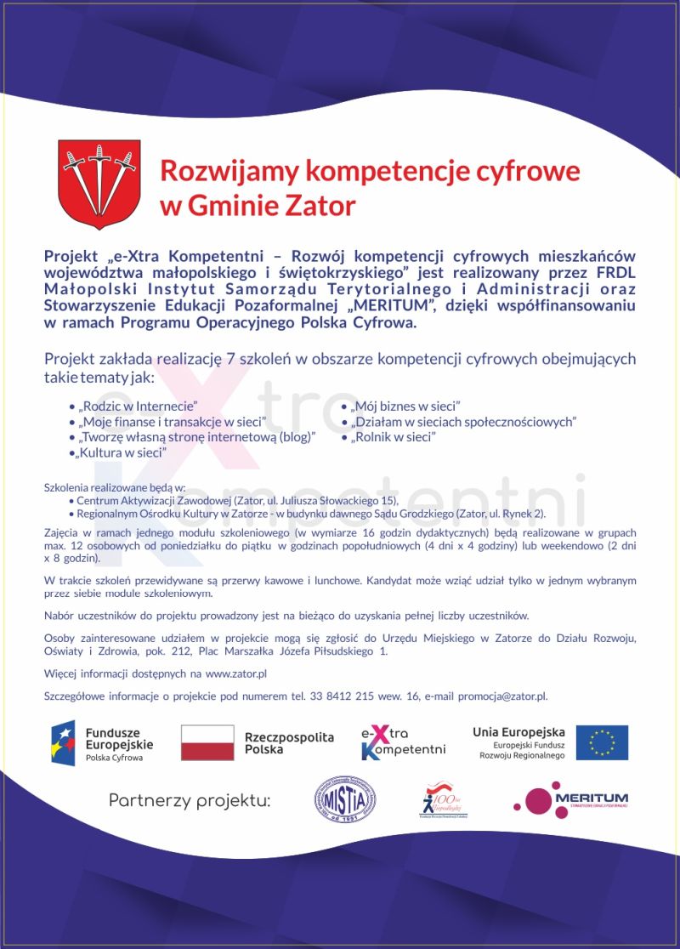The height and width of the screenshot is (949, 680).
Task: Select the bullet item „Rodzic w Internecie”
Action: pos(139,406)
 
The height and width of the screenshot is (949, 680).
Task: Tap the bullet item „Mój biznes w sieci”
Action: pos(405,406)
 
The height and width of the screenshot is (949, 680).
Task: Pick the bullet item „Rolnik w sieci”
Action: pos(393,437)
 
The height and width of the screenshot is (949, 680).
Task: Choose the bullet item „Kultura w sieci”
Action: pos(121,452)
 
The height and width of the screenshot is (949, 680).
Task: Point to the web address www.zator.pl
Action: pos(236,673)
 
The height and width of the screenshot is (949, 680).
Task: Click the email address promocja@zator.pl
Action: pos(502,696)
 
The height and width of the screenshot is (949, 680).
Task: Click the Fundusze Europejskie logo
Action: pos(103,742)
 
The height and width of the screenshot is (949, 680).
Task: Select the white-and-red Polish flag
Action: pos(207,742)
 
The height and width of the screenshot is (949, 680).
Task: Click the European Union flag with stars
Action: pos(602,742)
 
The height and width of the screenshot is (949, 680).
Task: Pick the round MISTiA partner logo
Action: pos(345,799)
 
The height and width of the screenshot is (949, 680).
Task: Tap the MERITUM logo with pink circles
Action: pos(570,799)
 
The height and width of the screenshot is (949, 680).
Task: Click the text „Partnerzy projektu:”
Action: pos(189,800)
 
